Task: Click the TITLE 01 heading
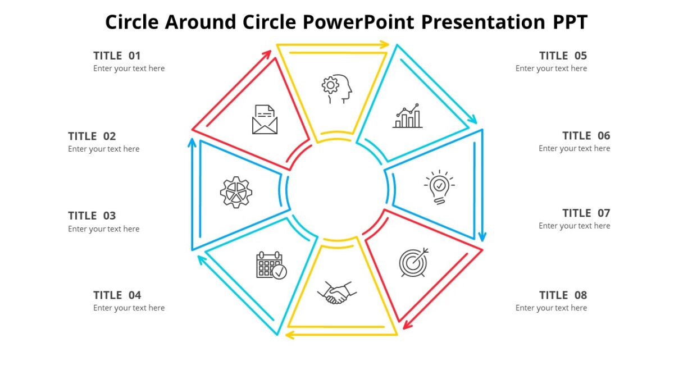[117, 56]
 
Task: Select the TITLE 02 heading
[92, 136]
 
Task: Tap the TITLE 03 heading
[92, 216]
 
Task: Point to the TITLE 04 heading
[117, 295]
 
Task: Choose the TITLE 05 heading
[563, 56]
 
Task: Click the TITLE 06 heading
[586, 136]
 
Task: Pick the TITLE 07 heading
[586, 213]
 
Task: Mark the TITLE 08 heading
[563, 295]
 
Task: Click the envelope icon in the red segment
[265, 120]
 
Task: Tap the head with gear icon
[337, 89]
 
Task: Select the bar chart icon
[407, 116]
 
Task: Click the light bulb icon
[439, 187]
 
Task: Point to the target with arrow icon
[414, 262]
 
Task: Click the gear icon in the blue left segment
[236, 193]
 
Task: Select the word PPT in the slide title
[568, 22]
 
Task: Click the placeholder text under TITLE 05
[551, 69]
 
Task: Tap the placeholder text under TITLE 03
[104, 229]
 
